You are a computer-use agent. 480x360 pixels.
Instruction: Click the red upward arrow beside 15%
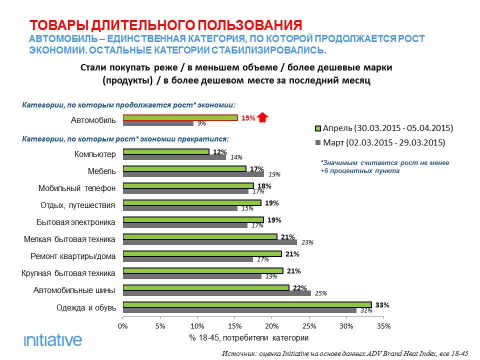tap(264, 118)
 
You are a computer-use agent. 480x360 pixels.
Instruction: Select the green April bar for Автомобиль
tap(180, 117)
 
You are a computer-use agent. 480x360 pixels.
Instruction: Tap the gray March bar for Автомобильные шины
tap(216, 293)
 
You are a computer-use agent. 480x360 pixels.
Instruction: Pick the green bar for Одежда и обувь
tap(247, 304)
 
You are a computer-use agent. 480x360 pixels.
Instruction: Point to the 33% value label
tap(382, 304)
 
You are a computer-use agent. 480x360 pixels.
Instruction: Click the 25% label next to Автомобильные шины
tap(320, 293)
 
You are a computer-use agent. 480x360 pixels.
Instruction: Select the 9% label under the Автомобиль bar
tap(201, 123)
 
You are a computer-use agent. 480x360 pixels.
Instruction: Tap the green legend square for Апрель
tap(317, 128)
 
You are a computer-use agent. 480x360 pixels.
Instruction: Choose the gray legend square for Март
tap(317, 142)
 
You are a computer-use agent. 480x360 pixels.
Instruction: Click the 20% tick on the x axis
tap(271, 326)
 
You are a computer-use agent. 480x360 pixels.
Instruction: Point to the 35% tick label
tap(383, 326)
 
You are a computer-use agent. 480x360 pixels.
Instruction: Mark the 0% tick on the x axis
tap(123, 326)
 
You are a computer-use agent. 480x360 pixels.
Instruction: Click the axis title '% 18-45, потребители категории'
tap(248, 338)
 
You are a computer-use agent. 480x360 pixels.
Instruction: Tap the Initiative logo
tap(53, 340)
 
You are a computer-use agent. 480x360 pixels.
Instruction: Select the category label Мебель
tap(101, 171)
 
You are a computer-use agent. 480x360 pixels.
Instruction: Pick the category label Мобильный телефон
tap(77, 188)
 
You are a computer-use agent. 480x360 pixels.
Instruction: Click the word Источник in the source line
tap(239, 353)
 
